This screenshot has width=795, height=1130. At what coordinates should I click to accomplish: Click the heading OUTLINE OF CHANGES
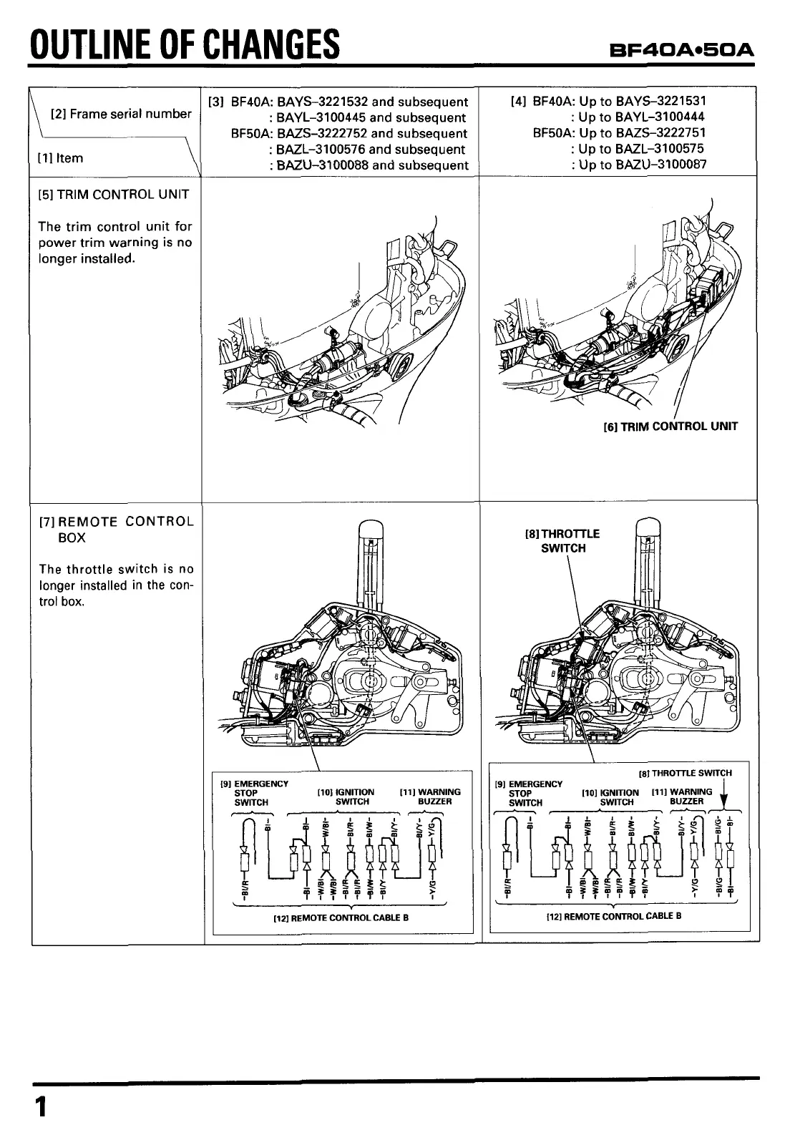(183, 44)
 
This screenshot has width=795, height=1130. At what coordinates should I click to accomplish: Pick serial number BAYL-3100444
(660, 117)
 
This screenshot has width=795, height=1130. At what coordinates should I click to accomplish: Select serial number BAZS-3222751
(660, 133)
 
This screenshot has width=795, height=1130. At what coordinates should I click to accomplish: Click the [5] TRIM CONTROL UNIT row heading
(114, 195)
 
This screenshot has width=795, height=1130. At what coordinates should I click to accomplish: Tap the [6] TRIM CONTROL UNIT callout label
(670, 427)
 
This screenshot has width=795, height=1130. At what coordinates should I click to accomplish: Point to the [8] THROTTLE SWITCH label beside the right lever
(562, 541)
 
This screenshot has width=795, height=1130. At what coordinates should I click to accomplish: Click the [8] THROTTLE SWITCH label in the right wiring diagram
(685, 773)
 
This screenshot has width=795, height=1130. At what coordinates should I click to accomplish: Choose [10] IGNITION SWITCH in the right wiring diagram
(610, 797)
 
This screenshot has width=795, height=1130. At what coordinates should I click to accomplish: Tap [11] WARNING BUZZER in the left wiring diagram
(430, 797)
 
